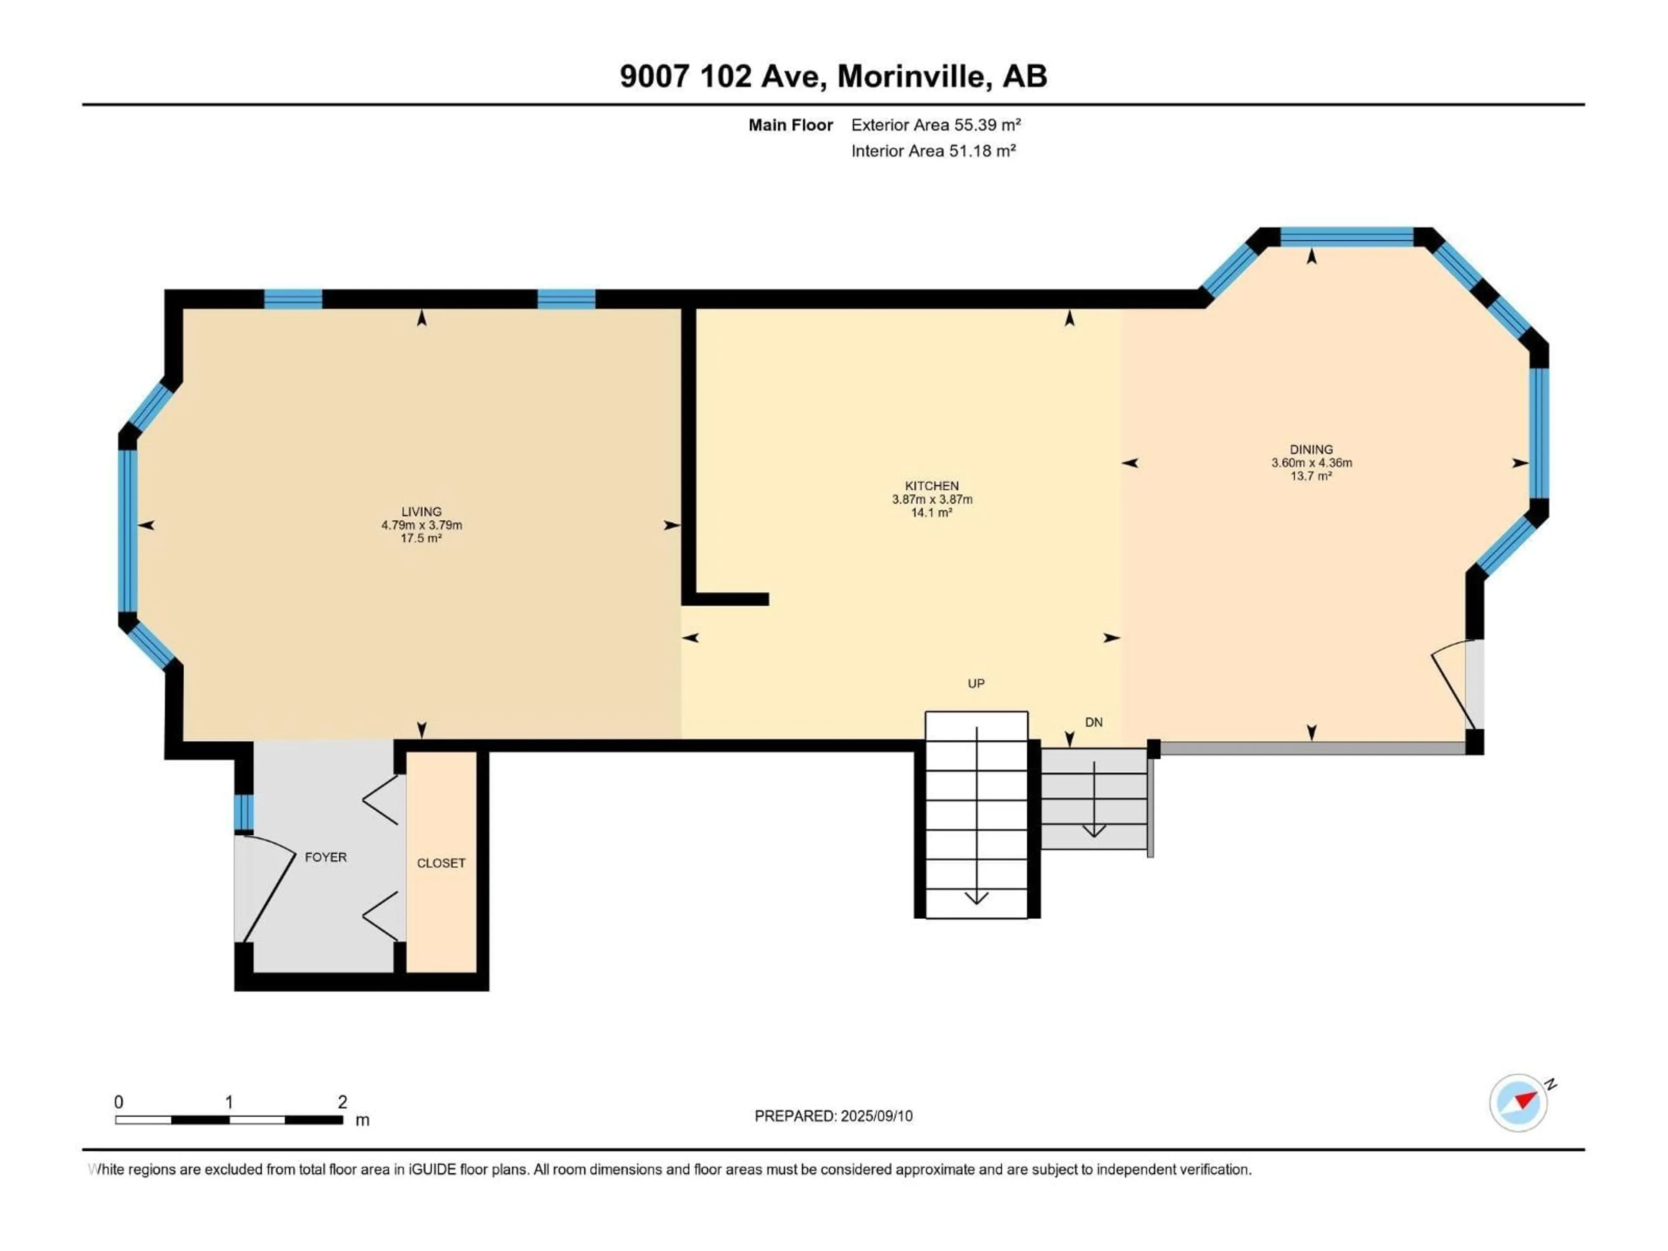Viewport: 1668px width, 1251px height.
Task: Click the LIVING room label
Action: pyautogui.click(x=421, y=511)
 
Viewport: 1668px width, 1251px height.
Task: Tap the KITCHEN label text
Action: pyautogui.click(x=932, y=486)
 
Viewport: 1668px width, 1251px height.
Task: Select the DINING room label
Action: pyautogui.click(x=1311, y=449)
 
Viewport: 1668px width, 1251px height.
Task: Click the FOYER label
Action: pyautogui.click(x=326, y=857)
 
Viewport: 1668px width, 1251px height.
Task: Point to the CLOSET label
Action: pyautogui.click(x=441, y=863)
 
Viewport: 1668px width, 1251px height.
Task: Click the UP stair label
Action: pyautogui.click(x=976, y=683)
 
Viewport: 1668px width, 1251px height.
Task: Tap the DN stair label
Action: pyautogui.click(x=1093, y=722)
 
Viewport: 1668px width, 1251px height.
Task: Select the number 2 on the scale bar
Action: pyautogui.click(x=342, y=1102)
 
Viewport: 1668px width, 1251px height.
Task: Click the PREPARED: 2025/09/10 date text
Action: pyautogui.click(x=833, y=1116)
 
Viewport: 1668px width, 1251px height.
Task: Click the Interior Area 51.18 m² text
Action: pyautogui.click(x=933, y=151)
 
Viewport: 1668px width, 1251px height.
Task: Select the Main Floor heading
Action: pyautogui.click(x=790, y=125)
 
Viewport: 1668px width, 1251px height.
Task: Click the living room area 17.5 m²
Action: pyautogui.click(x=421, y=538)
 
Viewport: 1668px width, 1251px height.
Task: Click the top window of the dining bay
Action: pyautogui.click(x=1347, y=237)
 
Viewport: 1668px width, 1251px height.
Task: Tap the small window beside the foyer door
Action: pyautogui.click(x=244, y=812)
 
